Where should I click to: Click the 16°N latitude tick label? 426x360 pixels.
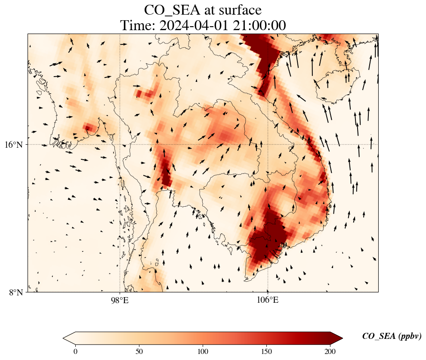[x=16, y=145]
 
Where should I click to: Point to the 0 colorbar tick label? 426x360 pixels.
[x=76, y=351]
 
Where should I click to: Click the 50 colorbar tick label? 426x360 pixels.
[x=139, y=351]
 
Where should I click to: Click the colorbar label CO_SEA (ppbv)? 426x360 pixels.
[x=392, y=336]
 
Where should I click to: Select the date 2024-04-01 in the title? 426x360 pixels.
[x=194, y=25]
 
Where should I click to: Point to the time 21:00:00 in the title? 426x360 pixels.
[x=259, y=25]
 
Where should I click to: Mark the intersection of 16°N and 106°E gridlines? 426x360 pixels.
[x=267, y=144]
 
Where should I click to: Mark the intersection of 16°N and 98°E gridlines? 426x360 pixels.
[x=120, y=144]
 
